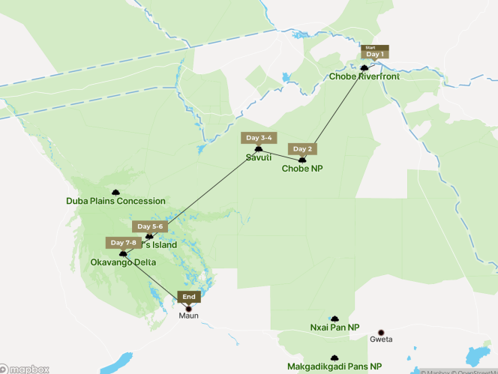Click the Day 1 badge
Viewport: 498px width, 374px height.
coord(374,54)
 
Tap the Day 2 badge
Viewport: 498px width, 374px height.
coord(302,148)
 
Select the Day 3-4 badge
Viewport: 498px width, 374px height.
coord(259,138)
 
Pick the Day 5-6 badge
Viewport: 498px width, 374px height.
coord(147,226)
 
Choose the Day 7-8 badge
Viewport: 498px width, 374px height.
coord(123,243)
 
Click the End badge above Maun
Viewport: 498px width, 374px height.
coord(189,297)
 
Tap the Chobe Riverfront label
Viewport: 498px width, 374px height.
coord(364,76)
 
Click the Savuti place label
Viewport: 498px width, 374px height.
coord(259,157)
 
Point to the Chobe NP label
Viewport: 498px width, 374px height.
coord(302,169)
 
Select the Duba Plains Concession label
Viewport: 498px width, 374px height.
coord(115,201)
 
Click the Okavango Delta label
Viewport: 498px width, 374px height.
coord(123,263)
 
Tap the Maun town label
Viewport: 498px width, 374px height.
coord(189,316)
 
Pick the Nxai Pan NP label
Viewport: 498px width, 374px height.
coord(334,328)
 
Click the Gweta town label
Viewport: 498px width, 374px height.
coord(381,340)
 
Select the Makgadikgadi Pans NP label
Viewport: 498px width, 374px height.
coord(334,367)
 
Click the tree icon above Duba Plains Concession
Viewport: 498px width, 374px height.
coord(115,193)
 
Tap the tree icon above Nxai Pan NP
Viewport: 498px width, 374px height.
coord(334,319)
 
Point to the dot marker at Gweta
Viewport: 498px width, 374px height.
coord(381,332)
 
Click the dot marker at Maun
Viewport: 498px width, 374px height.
coord(189,307)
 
